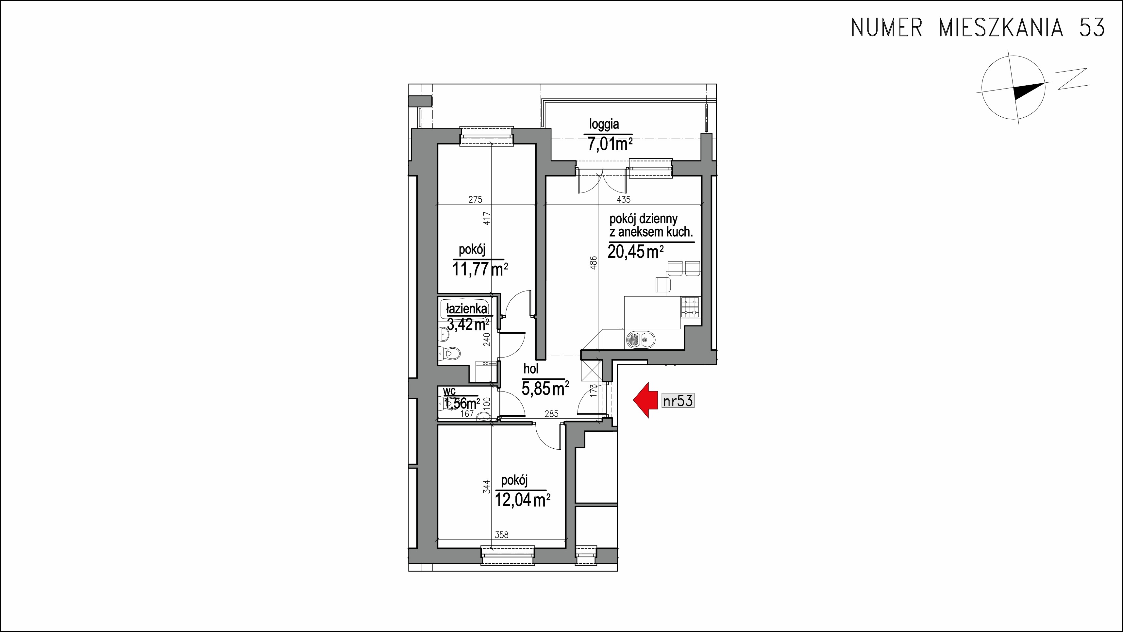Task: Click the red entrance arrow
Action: pos(644,400)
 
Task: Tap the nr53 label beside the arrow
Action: pos(678,400)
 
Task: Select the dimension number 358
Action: pos(502,535)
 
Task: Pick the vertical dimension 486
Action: pos(593,263)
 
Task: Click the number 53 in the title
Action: pos(1091,27)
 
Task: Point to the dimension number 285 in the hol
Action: pos(551,414)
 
